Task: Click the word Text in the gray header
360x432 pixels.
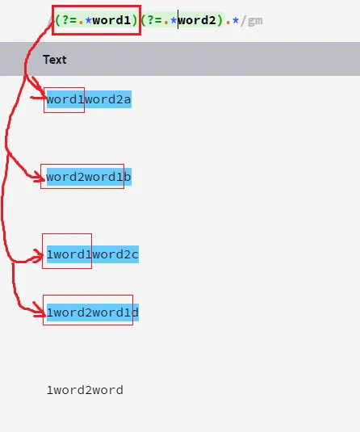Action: pyautogui.click(x=55, y=60)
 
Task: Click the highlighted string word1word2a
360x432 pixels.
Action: pyautogui.click(x=89, y=99)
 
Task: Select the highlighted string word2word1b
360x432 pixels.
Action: pyautogui.click(x=89, y=177)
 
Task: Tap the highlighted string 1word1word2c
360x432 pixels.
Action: pyautogui.click(x=93, y=254)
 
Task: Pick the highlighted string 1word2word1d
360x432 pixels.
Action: pyautogui.click(x=93, y=312)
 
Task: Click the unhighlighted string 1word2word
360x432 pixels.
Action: pyautogui.click(x=85, y=390)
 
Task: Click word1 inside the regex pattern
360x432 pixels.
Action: pyautogui.click(x=111, y=20)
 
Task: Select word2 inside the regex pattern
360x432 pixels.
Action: pyautogui.click(x=197, y=20)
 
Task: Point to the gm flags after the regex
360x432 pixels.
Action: pyautogui.click(x=255, y=21)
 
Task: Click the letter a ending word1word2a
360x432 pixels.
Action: pyautogui.click(x=128, y=100)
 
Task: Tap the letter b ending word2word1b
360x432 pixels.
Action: pyautogui.click(x=128, y=177)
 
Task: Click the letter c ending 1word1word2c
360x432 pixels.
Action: pyautogui.click(x=135, y=255)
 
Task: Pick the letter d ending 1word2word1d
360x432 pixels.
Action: pyautogui.click(x=135, y=312)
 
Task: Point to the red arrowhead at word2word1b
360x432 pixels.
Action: pyautogui.click(x=40, y=177)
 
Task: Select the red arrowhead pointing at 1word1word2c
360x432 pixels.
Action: pyautogui.click(x=39, y=256)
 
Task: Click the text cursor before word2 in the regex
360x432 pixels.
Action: pyautogui.click(x=178, y=19)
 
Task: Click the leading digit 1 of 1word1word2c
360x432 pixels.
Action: pyautogui.click(x=50, y=254)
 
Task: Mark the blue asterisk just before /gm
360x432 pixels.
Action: pyautogui.click(x=236, y=20)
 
